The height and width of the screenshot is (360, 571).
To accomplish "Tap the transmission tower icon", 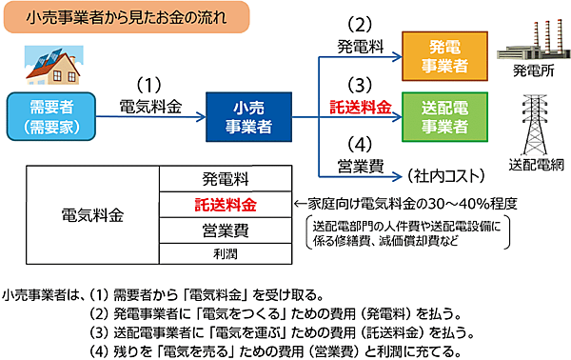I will coord(531,119).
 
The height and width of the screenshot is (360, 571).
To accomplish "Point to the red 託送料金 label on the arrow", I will coord(359,107).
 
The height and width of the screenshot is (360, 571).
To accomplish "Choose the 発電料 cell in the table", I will coord(225,178).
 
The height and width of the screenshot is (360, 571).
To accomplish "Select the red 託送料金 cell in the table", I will coord(225,204).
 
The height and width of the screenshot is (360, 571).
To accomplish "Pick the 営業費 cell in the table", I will coord(225,230).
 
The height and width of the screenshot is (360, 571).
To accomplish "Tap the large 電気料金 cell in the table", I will coord(91,216).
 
